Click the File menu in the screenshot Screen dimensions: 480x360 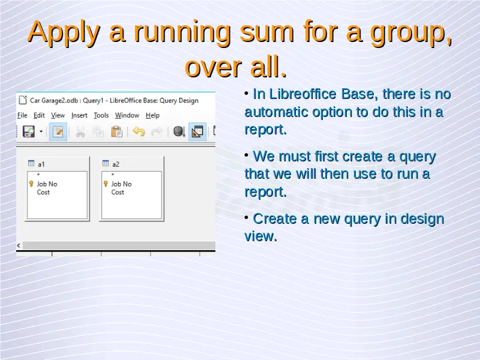coord(22,115)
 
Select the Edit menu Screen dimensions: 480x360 coord(39,115)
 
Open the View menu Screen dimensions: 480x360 coord(58,115)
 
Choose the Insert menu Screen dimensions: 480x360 coord(79,115)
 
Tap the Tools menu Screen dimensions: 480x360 coord(101,115)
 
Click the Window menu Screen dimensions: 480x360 coord(127,115)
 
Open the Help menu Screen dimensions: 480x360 coord(152,115)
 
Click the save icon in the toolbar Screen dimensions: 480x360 coord(29,131)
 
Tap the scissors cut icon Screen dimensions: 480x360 coord(80,132)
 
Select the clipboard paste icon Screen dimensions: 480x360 coord(116,131)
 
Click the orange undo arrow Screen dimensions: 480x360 coord(139,131)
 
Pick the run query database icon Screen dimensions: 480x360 coord(179,131)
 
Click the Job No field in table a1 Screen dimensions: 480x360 coord(47,184)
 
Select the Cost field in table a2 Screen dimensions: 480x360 coord(118,192)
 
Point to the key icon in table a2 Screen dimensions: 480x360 coord(106,184)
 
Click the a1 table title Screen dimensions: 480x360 coord(41,164)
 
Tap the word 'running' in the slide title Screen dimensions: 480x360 coord(182,33)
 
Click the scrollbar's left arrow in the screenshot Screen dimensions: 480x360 coord(19,245)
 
